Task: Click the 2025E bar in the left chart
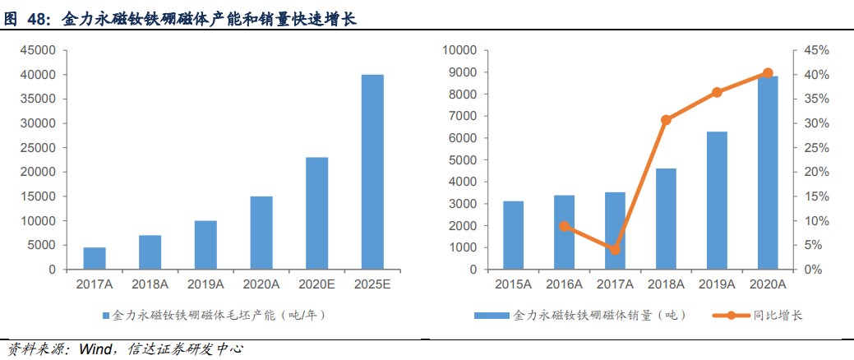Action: click(x=372, y=172)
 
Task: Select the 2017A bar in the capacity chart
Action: click(x=95, y=258)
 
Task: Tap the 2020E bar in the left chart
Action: click(x=317, y=213)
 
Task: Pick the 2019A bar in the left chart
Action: click(x=205, y=245)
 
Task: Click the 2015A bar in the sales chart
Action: click(x=514, y=235)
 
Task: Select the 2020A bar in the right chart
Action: click(x=768, y=173)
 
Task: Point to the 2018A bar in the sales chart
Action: click(x=666, y=219)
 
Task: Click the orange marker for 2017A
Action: click(x=615, y=249)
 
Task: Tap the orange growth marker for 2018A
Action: click(x=666, y=120)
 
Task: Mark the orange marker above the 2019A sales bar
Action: click(x=717, y=92)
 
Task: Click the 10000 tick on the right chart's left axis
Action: click(x=460, y=50)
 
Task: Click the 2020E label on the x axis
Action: click(x=317, y=284)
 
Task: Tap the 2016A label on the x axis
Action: click(x=565, y=284)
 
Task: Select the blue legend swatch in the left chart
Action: click(x=104, y=315)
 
